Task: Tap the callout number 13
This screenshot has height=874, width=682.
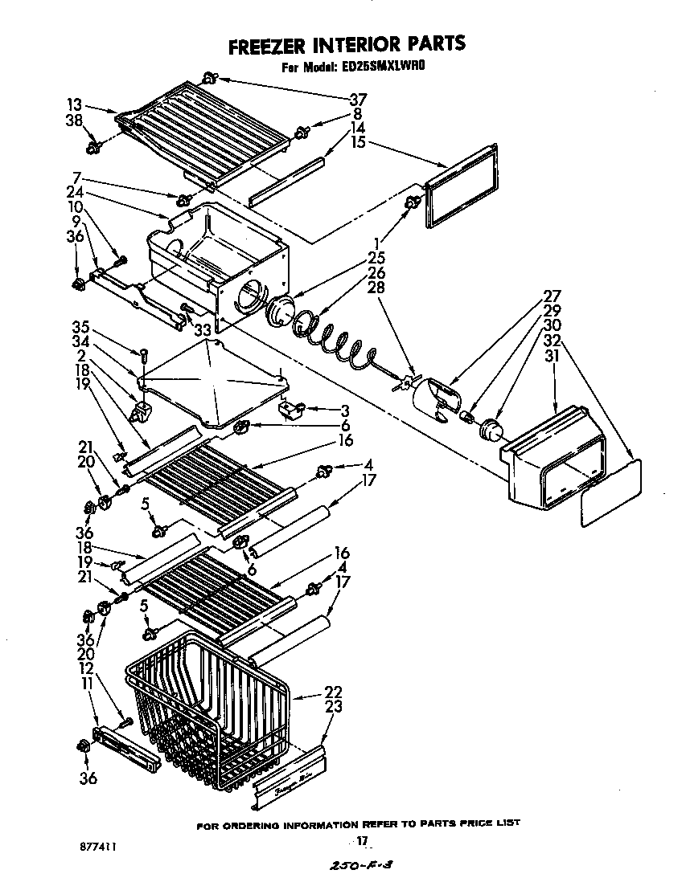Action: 74,104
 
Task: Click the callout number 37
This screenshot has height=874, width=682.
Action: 358,100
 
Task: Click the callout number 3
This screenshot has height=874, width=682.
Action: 343,410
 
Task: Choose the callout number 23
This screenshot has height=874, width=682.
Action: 333,707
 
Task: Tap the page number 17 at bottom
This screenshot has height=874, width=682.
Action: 362,841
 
